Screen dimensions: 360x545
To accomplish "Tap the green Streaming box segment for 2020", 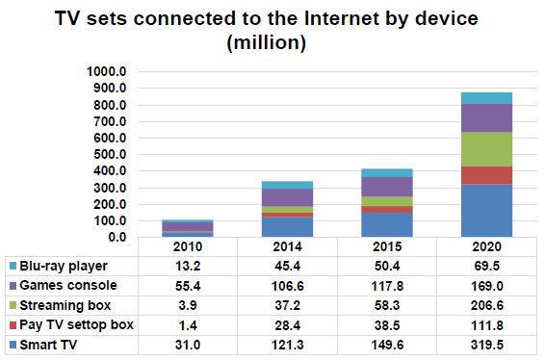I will click(x=485, y=149).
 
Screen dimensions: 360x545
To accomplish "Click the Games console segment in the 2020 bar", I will click(x=485, y=117).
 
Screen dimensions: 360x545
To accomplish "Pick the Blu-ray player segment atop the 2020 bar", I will click(x=485, y=98).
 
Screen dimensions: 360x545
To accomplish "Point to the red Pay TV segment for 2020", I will click(x=485, y=175).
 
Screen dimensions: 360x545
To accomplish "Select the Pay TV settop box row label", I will click(x=73, y=324).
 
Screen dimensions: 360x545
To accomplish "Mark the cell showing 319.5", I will click(x=485, y=345).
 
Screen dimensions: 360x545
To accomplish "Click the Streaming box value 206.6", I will click(x=485, y=305).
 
